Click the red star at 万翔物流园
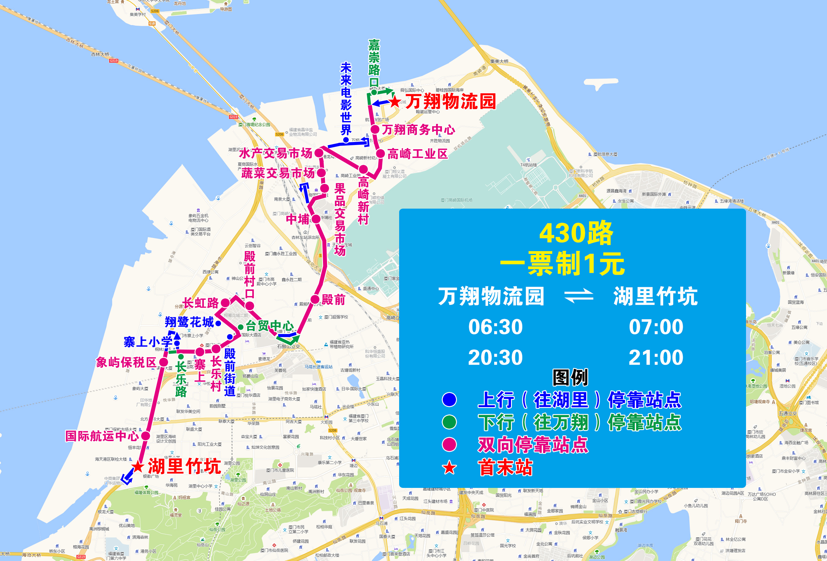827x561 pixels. (x=395, y=102)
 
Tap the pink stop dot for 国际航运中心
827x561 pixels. (x=145, y=436)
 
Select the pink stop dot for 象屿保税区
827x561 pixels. (x=163, y=362)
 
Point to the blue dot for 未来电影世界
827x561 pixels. (x=346, y=140)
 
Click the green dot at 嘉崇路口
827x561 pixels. (x=374, y=92)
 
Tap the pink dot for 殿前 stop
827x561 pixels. (x=315, y=299)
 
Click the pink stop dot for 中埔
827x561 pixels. (x=316, y=219)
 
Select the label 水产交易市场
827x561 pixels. (x=276, y=154)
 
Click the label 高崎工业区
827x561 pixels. (x=417, y=154)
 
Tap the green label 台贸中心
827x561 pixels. (x=270, y=325)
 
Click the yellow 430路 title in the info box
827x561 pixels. (x=576, y=233)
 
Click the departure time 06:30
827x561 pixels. (x=495, y=327)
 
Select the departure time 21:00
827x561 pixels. (x=656, y=358)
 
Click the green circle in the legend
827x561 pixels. (x=449, y=422)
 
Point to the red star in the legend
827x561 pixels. (x=449, y=468)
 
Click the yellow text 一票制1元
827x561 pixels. (x=562, y=264)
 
